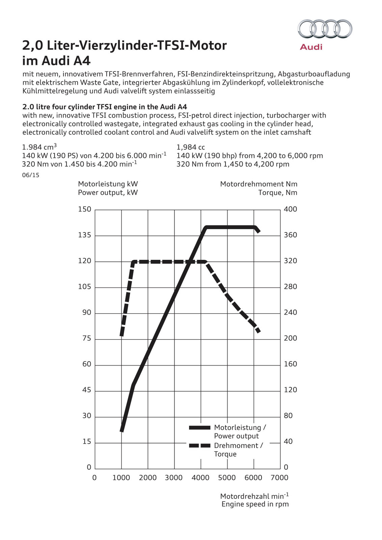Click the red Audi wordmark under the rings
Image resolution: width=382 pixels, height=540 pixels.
pos(311,47)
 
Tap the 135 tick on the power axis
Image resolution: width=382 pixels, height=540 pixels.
pos(85,235)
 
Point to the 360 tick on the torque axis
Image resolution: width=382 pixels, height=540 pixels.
pos(291,235)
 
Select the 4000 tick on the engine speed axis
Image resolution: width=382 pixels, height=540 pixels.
pos(200,478)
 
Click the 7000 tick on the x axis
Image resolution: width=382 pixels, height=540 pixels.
pos(280,478)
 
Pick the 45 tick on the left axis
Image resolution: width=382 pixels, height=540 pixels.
pos(87,390)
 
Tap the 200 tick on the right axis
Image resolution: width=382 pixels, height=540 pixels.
pos(291,338)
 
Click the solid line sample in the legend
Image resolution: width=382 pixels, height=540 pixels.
pos(199,428)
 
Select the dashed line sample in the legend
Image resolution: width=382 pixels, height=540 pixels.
pos(199,446)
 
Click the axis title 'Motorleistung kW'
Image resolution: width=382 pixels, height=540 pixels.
pos(108,184)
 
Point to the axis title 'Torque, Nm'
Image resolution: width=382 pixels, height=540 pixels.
pos(278,192)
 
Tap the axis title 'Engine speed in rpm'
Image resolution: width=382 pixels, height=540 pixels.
pos(255,504)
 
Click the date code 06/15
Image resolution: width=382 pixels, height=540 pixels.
pos(31,175)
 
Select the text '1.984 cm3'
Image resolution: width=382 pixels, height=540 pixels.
pos(39,147)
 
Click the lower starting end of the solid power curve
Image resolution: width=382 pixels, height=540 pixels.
pos(122,430)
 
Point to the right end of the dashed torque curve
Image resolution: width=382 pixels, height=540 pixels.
pos(259,332)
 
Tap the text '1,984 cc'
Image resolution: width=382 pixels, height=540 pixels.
pos(191,147)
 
